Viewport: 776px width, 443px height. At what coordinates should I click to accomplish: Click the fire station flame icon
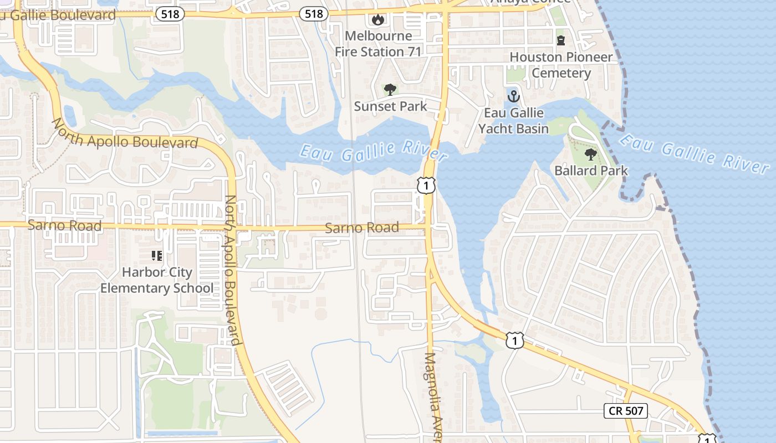tap(378, 20)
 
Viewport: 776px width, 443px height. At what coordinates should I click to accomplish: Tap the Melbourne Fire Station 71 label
tap(378, 44)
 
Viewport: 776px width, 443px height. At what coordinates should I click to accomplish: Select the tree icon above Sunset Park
tap(390, 89)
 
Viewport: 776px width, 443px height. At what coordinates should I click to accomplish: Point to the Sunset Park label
tap(390, 106)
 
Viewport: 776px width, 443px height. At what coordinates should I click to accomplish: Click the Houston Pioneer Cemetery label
tap(561, 65)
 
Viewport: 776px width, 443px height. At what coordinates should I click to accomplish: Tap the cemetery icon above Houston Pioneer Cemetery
tap(561, 40)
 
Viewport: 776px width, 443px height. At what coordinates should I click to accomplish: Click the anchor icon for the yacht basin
tap(513, 96)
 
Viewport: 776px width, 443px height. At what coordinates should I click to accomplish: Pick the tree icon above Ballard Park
tap(591, 154)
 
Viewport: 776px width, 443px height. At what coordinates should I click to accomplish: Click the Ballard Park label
tap(591, 171)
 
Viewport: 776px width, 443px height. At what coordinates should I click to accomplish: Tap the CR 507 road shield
tap(625, 410)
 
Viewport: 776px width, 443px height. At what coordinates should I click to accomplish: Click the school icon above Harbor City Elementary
tap(157, 255)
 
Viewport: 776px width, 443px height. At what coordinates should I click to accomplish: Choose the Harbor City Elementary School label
tap(157, 280)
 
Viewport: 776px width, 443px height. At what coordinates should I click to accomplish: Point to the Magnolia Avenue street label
tap(432, 396)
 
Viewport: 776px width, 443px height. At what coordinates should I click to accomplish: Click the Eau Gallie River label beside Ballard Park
tap(693, 150)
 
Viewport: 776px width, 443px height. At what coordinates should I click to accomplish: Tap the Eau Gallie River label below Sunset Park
tap(372, 152)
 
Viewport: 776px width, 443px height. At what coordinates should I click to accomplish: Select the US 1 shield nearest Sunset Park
tap(426, 186)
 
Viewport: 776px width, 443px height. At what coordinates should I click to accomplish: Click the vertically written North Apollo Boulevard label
tap(232, 270)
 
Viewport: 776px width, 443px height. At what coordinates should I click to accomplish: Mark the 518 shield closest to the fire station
tap(313, 14)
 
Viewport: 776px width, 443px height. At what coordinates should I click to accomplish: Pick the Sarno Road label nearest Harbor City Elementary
tap(64, 225)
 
